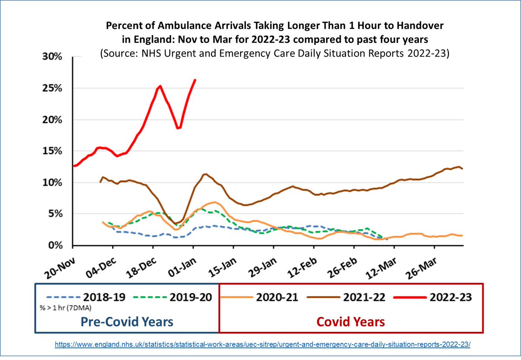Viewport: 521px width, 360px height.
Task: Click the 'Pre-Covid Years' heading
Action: [x=127, y=322]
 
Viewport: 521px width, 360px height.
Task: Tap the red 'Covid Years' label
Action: [x=350, y=322]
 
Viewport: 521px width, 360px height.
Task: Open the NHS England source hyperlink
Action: [x=263, y=343]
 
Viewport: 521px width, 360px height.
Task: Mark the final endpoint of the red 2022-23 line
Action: [x=195, y=80]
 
